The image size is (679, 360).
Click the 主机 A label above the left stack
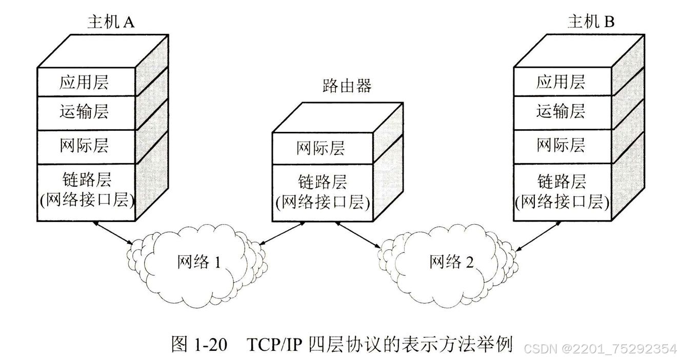(x=110, y=22)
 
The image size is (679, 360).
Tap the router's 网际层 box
(x=321, y=148)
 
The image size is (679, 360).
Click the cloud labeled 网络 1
(x=199, y=263)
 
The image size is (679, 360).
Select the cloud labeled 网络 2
(x=451, y=263)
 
